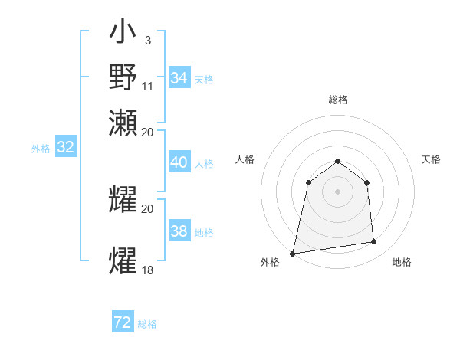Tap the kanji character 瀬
[x=123, y=123]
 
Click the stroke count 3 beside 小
[x=147, y=40]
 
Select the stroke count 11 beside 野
[x=148, y=86]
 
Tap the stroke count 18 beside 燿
[x=148, y=270]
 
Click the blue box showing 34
[x=179, y=78]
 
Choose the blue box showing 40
[x=179, y=162]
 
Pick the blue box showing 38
[x=179, y=231]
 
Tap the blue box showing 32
[x=65, y=148]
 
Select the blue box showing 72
[x=123, y=322]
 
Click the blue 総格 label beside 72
[x=147, y=324]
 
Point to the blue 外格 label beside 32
[x=41, y=149]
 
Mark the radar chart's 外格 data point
[x=293, y=253]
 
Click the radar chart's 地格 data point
[x=373, y=242]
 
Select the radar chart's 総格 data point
[x=337, y=161]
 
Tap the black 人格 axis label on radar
[x=245, y=159]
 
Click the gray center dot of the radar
[x=337, y=191]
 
